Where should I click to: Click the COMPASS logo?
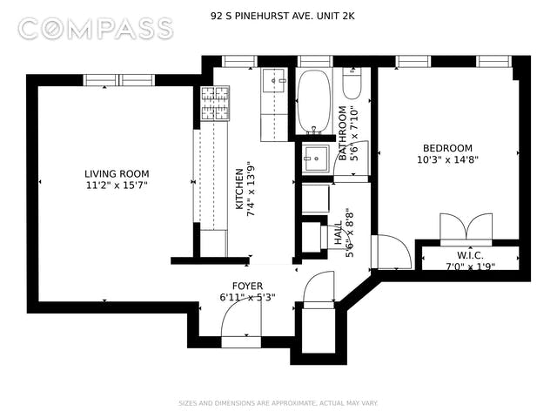click(96, 29)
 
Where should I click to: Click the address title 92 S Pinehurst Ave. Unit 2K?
click(282, 16)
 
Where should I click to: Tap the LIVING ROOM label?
click(117, 174)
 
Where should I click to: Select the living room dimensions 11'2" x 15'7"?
click(117, 185)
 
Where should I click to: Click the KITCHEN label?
click(240, 189)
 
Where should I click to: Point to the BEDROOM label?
click(447, 148)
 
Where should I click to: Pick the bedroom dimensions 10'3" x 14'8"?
click(447, 159)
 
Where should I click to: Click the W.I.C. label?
click(470, 255)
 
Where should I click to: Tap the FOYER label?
click(247, 286)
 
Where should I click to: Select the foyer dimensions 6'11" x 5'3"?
click(247, 297)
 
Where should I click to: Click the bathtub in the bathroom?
click(313, 102)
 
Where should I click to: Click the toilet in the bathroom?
click(352, 84)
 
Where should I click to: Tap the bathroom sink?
click(316, 158)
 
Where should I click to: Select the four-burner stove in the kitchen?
click(215, 103)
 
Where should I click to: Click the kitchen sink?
click(274, 81)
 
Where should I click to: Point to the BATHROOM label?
click(342, 133)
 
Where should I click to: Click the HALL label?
click(339, 233)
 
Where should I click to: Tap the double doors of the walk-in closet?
click(466, 226)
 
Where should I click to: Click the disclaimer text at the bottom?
click(278, 403)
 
